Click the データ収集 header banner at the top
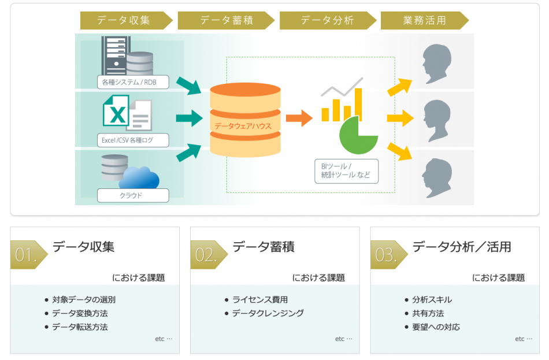tap(124, 20)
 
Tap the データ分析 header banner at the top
tap(327, 20)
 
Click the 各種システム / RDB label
tap(133, 82)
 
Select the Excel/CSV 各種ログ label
tap(133, 139)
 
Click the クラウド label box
tap(133, 195)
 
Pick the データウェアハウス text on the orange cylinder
tap(243, 125)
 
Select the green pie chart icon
tap(358, 135)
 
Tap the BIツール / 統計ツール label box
tap(346, 171)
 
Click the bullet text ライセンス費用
tap(260, 299)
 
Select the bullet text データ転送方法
tap(80, 327)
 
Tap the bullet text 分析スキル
tap(432, 299)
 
